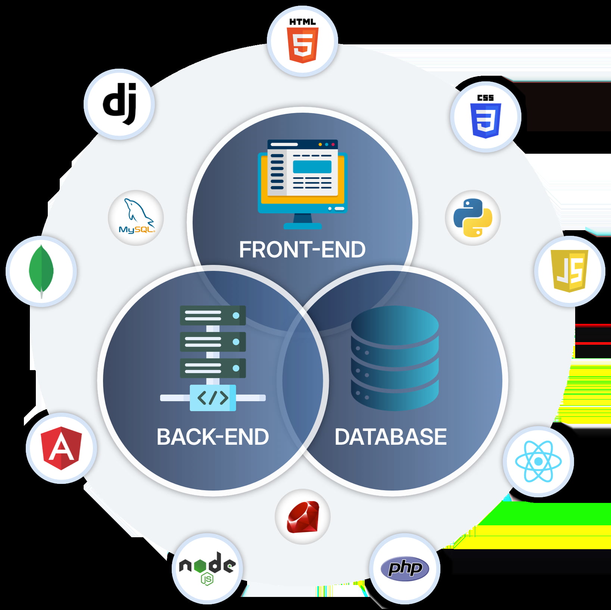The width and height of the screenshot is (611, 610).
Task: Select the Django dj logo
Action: [x=120, y=104]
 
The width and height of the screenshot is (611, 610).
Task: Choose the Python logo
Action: [x=473, y=218]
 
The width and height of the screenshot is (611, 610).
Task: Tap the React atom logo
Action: [x=538, y=462]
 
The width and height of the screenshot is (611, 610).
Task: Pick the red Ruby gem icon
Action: [x=303, y=517]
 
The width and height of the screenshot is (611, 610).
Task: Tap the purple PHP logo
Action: [x=405, y=569]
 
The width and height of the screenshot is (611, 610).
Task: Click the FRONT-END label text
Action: [x=302, y=250]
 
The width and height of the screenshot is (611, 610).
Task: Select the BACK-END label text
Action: [x=213, y=437]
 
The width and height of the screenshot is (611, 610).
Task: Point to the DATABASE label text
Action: [x=391, y=437]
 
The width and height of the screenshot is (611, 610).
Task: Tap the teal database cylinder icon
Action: [x=395, y=358]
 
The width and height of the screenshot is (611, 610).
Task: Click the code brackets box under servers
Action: [x=213, y=398]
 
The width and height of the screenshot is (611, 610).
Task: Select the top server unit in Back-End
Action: [x=213, y=316]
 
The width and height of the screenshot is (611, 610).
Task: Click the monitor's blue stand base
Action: [x=302, y=226]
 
